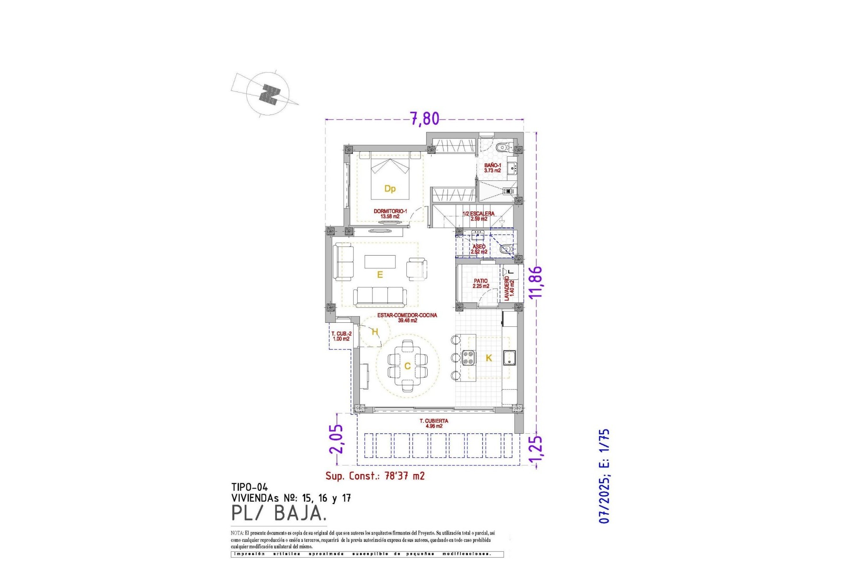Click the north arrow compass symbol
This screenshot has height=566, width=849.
point(268,94)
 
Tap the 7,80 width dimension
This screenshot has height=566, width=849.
point(425,119)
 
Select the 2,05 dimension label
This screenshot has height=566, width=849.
point(336,439)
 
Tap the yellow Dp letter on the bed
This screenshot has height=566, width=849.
point(390,189)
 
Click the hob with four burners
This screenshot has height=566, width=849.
point(468,357)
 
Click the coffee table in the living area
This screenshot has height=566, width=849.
point(380,261)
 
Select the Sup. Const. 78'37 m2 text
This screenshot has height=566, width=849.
point(375,476)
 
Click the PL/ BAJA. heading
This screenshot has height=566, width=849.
point(279,513)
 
